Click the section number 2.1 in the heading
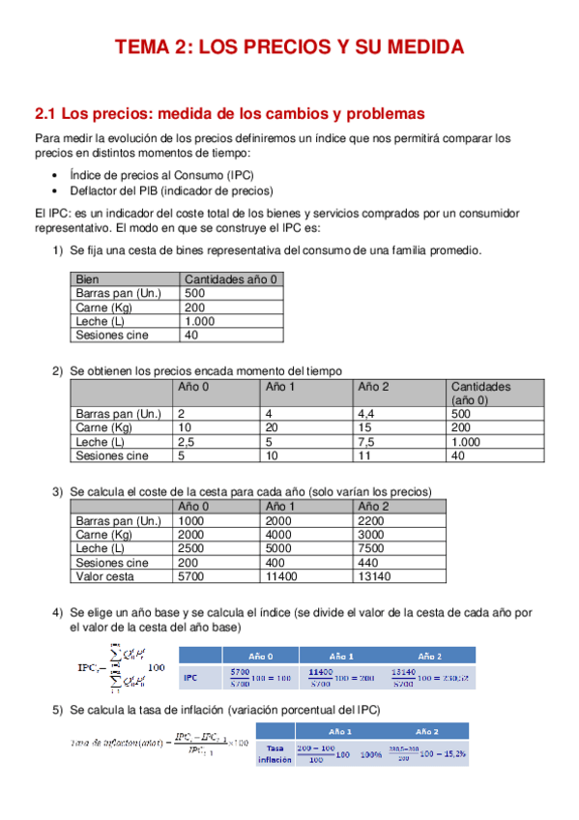pos(46,113)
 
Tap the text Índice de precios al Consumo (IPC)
pos(159,176)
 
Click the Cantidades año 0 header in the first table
pos(231,279)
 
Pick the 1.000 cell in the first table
pos(200,321)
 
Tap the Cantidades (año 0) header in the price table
pos(480,394)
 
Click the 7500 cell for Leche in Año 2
pos(372,548)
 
